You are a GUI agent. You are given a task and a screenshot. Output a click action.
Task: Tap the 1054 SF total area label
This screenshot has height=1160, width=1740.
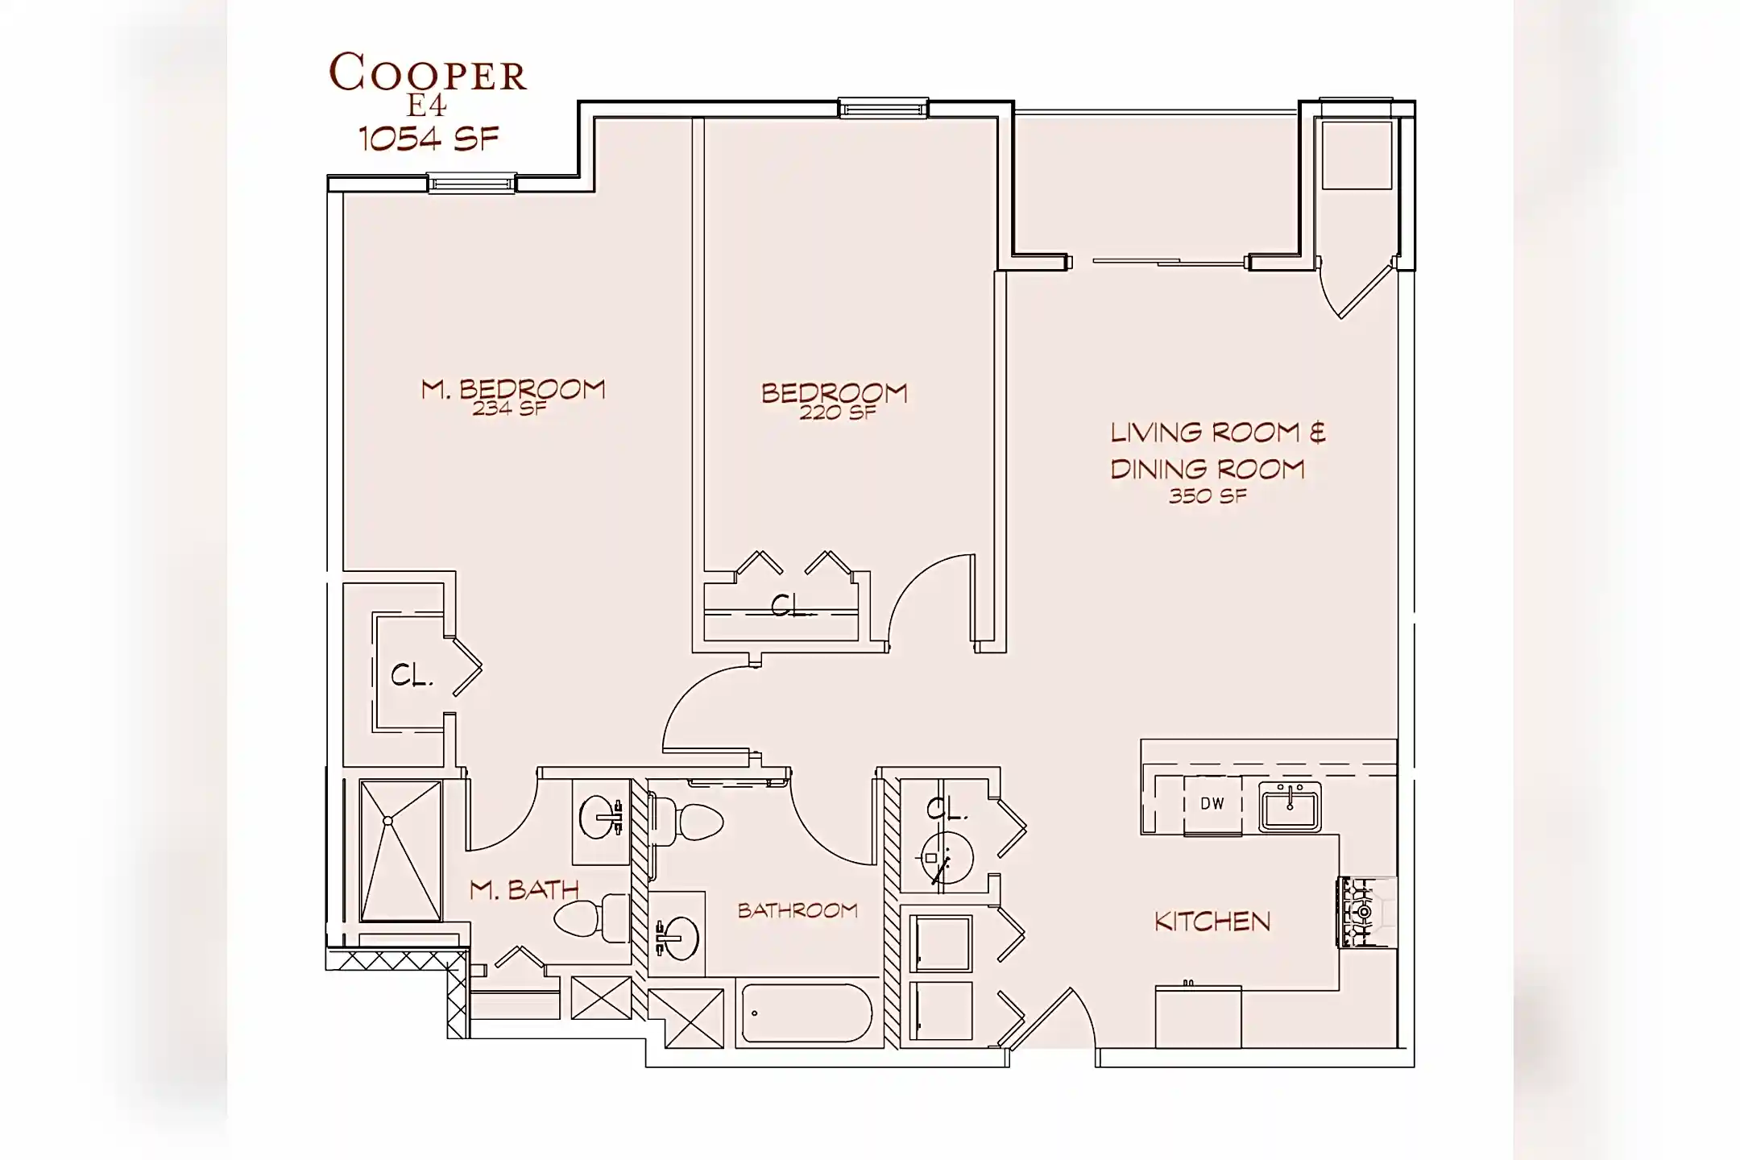[x=429, y=139]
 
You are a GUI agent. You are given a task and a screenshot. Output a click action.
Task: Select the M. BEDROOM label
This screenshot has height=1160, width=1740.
[x=513, y=390]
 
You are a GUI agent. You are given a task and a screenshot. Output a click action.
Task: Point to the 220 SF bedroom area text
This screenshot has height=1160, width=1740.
[x=838, y=412]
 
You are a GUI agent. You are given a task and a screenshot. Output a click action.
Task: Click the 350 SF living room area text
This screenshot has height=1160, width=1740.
[x=1208, y=496]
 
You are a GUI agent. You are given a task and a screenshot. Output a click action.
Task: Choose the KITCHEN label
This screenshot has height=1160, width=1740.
[x=1212, y=922]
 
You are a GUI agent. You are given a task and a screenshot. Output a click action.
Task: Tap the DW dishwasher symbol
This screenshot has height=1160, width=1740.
[x=1212, y=803]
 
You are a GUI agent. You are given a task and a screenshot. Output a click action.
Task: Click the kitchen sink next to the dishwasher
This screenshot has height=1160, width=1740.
[x=1290, y=806]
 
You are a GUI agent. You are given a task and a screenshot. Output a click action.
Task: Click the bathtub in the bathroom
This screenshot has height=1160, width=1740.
[x=806, y=1013]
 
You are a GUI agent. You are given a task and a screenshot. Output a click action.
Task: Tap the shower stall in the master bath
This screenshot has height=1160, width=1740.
[x=400, y=850]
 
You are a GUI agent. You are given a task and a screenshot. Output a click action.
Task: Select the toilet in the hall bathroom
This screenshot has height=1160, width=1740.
[x=686, y=820]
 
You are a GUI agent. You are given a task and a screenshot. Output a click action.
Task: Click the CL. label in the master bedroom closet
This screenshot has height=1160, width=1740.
[x=412, y=675]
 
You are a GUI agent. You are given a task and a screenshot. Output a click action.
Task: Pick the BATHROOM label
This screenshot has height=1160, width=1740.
[x=797, y=910]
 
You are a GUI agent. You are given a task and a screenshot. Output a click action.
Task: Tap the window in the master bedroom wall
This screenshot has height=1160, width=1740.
[x=471, y=184]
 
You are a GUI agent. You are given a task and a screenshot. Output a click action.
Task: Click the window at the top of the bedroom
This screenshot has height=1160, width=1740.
[x=883, y=108]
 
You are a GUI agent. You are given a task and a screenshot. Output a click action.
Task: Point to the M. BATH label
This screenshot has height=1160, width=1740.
[x=524, y=889]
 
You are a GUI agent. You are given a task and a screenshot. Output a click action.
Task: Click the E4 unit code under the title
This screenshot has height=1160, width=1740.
[x=427, y=106]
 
